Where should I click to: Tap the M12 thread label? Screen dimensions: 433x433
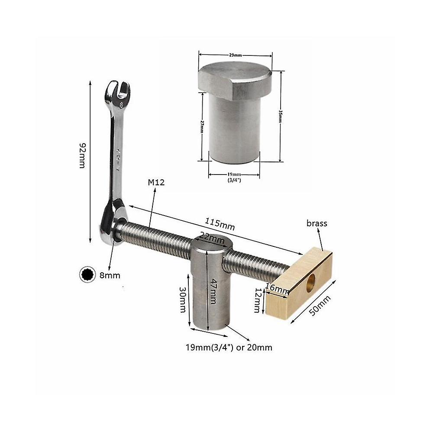[x=156, y=182]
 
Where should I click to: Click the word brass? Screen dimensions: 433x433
[x=317, y=223]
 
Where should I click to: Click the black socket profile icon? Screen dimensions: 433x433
[x=87, y=275]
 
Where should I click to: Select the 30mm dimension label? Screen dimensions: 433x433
[x=182, y=300]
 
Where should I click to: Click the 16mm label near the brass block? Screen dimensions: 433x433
[x=278, y=288]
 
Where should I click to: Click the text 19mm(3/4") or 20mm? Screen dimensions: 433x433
[x=229, y=347]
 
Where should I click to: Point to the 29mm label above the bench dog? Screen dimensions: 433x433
[x=235, y=55]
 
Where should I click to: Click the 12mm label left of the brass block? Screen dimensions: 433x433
[x=257, y=301]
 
